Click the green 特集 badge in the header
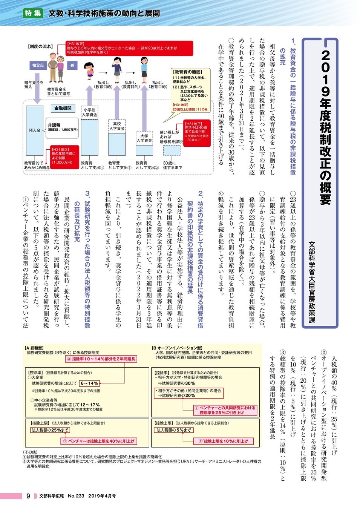pyautogui.click(x=33, y=13)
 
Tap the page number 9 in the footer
pyautogui.click(x=28, y=496)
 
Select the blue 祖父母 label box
pyautogui.click(x=38, y=65)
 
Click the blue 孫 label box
pyautogui.click(x=72, y=65)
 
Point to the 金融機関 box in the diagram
pyautogui.click(x=63, y=108)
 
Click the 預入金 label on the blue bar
pyautogui.click(x=35, y=130)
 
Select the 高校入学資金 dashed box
pyautogui.click(x=117, y=126)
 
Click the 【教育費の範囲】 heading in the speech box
pyautogui.click(x=187, y=72)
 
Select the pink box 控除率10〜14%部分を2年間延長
pyautogui.click(x=101, y=359)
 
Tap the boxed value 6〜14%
pyautogui.click(x=89, y=383)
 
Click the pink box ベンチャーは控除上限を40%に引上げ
pyautogui.click(x=98, y=441)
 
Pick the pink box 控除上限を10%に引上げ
pyautogui.click(x=223, y=441)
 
